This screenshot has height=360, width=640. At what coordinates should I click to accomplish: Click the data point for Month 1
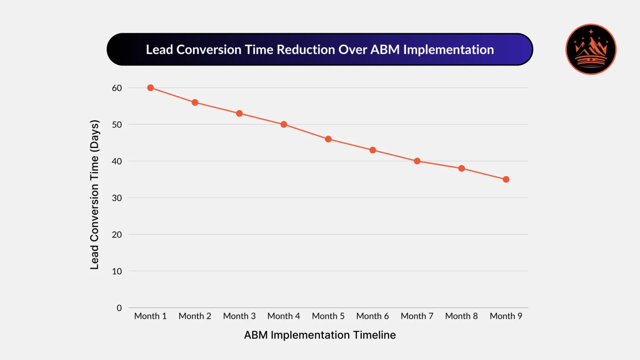click(151, 88)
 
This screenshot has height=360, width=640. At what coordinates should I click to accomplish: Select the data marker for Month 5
click(328, 139)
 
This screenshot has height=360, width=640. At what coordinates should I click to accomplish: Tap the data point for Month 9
click(506, 179)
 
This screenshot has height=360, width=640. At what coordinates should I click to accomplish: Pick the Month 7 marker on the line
click(417, 161)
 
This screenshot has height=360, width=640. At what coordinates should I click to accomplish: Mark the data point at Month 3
click(240, 114)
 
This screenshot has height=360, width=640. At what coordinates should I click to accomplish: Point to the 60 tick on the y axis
click(117, 88)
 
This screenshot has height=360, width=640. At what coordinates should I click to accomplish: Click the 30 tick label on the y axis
click(117, 198)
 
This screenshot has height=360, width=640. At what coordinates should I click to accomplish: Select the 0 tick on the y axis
click(119, 308)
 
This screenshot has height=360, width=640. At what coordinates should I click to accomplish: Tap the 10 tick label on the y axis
click(117, 271)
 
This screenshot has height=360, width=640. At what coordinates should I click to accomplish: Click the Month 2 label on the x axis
click(195, 316)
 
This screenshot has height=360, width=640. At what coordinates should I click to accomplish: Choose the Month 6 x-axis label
click(372, 316)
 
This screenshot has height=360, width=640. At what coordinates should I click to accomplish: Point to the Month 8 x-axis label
click(462, 316)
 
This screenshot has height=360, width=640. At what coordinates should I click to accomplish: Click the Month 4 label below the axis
click(284, 316)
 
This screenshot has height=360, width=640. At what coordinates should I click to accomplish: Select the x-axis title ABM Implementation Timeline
click(320, 335)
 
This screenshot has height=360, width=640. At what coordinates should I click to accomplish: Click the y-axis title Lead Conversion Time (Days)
click(95, 194)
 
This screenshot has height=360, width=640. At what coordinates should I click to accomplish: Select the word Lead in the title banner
click(160, 50)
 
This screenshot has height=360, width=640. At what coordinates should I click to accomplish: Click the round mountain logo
click(591, 49)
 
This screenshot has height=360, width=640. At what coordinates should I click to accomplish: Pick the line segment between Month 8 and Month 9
click(484, 174)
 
